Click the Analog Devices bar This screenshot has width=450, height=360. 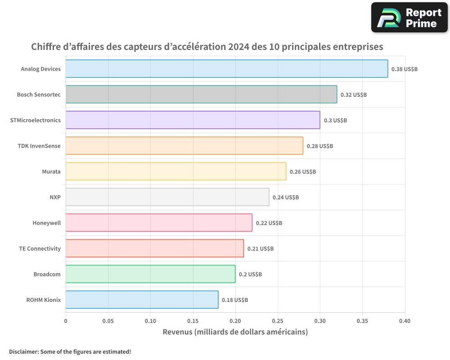227,69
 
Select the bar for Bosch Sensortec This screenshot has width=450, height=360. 201,94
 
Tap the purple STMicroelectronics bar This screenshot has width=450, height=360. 193,120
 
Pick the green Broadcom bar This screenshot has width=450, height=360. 150,274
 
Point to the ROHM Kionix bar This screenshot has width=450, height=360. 142,300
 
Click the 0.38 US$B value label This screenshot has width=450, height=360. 405,69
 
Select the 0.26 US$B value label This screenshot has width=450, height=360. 303,172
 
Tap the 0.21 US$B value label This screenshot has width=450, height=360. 261,249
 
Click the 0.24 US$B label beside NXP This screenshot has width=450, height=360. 286,198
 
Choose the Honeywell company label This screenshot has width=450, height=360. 46,223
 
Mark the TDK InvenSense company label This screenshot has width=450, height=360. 39,146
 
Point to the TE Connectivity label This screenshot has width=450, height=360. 40,248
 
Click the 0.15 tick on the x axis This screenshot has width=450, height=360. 193,321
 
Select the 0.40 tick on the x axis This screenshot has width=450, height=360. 405,321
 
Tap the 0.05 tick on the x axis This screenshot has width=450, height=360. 108,321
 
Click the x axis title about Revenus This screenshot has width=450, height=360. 235,332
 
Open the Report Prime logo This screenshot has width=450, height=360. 409,18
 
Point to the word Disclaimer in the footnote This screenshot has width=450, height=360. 23,351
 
